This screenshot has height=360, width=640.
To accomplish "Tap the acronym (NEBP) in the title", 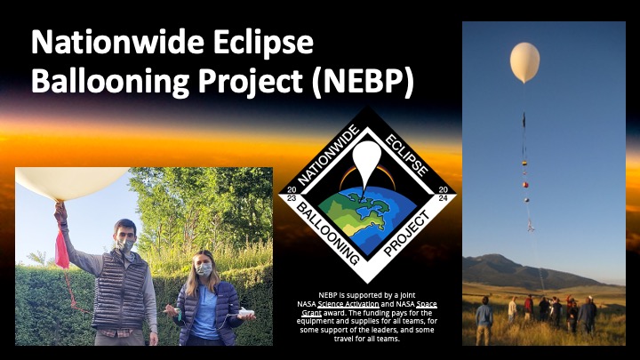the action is (x=363, y=82).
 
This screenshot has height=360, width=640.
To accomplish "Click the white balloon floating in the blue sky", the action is (x=525, y=62).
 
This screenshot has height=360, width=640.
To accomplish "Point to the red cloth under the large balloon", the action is (x=62, y=249).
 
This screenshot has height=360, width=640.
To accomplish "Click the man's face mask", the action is (x=125, y=245).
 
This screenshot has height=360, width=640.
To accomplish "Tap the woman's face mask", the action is (x=204, y=269).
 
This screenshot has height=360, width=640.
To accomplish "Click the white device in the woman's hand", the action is (x=246, y=312).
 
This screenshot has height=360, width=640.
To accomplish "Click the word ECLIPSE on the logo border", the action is (x=406, y=155).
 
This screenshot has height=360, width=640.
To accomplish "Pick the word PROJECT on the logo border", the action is (x=407, y=234).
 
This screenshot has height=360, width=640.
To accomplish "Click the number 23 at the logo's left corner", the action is (x=292, y=198).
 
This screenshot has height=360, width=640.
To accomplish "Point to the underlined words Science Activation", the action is (x=348, y=304).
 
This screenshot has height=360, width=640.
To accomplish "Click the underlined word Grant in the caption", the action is (x=311, y=313).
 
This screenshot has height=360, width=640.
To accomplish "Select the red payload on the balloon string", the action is (x=525, y=185).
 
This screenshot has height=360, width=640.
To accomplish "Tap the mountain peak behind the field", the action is (x=495, y=256).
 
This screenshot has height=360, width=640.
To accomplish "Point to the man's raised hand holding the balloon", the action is (x=60, y=211).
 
